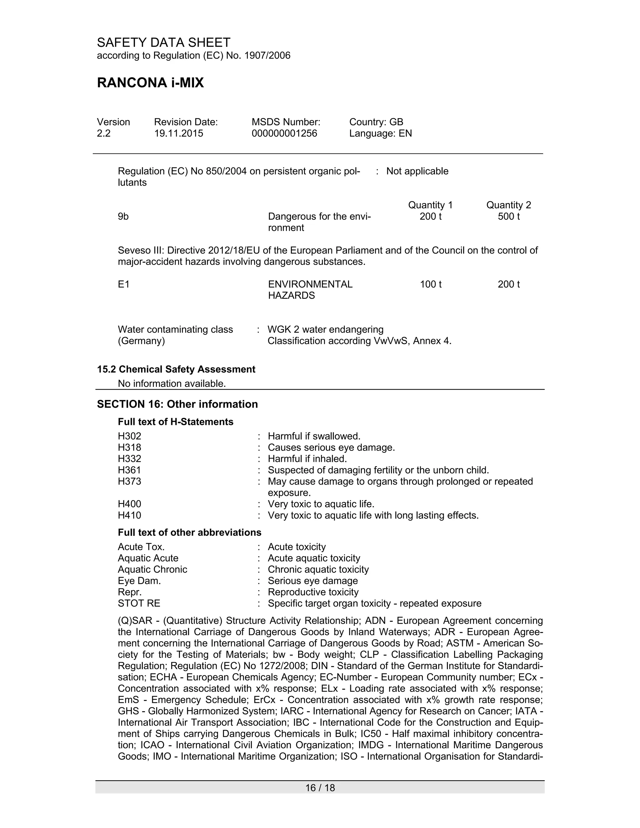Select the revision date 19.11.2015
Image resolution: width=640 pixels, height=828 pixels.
178,133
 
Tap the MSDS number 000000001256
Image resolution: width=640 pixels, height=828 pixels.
284,133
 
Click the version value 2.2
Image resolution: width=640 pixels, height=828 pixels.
103,133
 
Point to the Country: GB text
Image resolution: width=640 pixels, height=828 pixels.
376,122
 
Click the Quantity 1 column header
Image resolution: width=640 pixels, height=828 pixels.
430,205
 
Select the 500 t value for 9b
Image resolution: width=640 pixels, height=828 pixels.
508,217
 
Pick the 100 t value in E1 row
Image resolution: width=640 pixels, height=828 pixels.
430,284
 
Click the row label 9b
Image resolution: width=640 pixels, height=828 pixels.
123,217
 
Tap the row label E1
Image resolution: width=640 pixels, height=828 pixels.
124,284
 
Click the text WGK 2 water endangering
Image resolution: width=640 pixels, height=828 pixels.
325,329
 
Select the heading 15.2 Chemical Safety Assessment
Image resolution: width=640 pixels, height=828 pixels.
176,369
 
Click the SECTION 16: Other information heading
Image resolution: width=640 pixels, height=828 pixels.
177,404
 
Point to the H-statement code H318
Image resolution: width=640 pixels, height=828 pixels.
129,447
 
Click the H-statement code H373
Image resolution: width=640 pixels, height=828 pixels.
129,481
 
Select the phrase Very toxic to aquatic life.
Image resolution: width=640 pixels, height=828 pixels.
321,504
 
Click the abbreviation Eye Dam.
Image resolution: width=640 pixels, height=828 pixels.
139,581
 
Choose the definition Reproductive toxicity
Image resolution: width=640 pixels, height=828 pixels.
313,592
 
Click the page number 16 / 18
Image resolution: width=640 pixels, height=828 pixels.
320,788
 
